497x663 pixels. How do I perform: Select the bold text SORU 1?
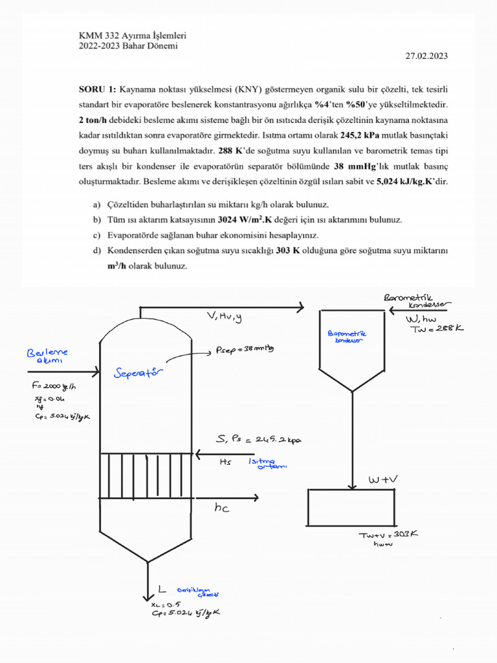97,89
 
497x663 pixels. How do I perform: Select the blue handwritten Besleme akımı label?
47,357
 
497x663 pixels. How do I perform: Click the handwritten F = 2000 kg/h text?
55,388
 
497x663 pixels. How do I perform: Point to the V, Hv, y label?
224,317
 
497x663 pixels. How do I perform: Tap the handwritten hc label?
222,509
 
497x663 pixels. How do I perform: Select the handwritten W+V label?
382,480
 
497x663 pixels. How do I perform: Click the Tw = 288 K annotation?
437,329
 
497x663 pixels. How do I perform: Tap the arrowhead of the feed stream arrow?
96,372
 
